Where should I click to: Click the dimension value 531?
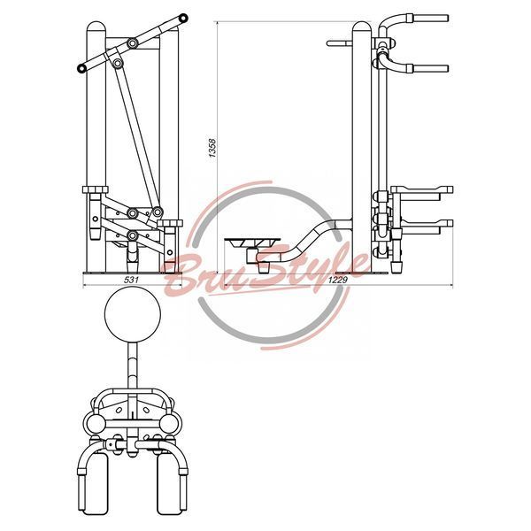click(133, 280)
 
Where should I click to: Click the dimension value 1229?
click(338, 280)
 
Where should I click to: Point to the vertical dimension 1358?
click(212, 148)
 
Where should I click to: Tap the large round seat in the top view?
click(133, 314)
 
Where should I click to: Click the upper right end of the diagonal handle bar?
click(183, 18)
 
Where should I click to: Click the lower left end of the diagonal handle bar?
click(81, 68)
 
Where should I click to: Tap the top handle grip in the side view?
click(431, 18)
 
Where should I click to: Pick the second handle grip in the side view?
click(431, 69)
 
